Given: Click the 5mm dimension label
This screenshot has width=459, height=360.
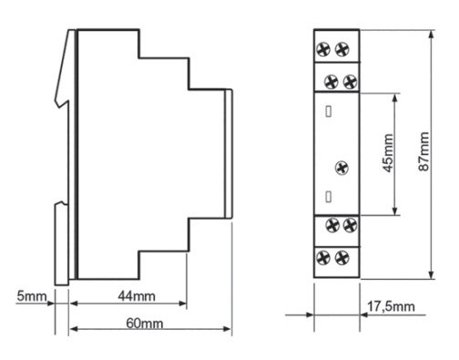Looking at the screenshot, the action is [32, 296].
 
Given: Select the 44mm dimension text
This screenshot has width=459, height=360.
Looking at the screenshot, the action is [137, 296].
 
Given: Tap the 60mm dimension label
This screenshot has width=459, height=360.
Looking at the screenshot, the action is [145, 324].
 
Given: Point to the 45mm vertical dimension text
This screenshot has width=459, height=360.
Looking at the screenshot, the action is [388, 153].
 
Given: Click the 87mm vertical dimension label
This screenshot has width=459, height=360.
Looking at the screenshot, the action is [423, 151].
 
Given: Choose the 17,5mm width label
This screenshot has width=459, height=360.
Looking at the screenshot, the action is [391, 306].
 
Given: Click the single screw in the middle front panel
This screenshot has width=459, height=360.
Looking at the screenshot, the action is [342, 168].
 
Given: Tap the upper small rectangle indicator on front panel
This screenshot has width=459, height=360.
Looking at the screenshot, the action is [328, 111].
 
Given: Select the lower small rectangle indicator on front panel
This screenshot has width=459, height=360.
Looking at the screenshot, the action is [328, 197].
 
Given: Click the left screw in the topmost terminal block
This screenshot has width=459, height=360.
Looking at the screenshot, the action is [323, 49].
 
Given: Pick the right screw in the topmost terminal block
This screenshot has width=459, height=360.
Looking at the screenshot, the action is [342, 49].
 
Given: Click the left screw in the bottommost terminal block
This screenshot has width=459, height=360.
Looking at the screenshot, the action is [323, 258].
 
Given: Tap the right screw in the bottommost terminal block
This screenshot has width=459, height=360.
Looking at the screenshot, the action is [342, 258].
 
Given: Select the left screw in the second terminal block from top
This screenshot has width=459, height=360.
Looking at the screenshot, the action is [331, 82].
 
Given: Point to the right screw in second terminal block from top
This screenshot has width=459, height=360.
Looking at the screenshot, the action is [350, 82].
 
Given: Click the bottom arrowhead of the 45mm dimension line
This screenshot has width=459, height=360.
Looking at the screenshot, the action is [394, 211].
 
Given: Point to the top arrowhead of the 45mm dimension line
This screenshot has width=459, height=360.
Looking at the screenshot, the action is [394, 98].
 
